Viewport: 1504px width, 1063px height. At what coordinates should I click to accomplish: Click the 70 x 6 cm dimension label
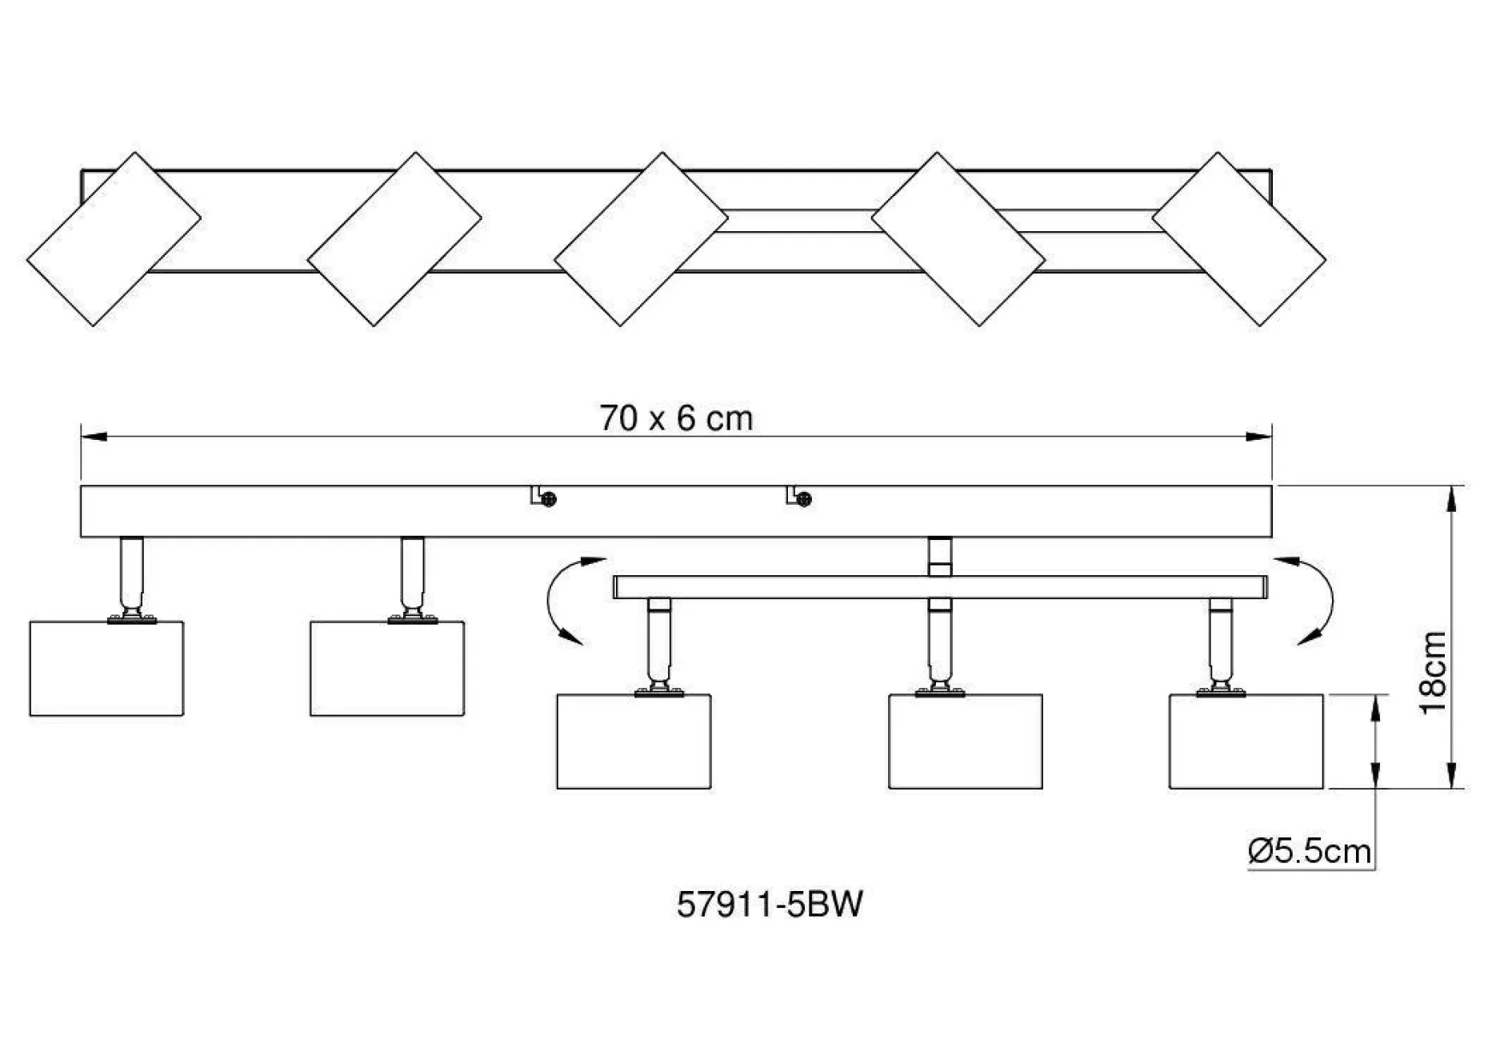(676, 418)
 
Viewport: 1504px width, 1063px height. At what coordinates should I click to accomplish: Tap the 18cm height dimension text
(1434, 672)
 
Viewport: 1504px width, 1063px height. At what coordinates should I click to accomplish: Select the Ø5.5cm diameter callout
(1310, 850)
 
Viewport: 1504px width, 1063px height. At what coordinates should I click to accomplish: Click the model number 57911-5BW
(770, 905)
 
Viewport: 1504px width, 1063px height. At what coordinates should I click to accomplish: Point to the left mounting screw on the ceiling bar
(548, 499)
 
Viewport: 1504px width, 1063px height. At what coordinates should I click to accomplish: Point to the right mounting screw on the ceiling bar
(804, 499)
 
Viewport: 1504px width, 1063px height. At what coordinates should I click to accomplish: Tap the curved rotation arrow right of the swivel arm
(1312, 600)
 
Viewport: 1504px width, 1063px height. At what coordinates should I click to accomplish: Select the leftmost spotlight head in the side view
(106, 668)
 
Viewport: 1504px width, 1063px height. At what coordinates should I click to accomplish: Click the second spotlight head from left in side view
(387, 668)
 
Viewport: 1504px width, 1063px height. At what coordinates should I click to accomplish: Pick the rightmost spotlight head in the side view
(1246, 741)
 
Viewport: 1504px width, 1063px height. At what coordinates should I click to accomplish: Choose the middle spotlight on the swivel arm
(966, 741)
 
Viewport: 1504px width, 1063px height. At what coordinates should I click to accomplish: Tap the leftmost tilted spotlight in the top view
(114, 238)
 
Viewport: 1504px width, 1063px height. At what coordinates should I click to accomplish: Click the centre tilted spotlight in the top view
(641, 238)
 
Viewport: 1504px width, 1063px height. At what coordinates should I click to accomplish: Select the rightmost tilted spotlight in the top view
(1238, 238)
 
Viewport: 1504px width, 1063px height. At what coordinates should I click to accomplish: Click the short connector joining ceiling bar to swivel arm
(940, 556)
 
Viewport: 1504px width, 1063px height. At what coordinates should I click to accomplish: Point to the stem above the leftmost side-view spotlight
(132, 574)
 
